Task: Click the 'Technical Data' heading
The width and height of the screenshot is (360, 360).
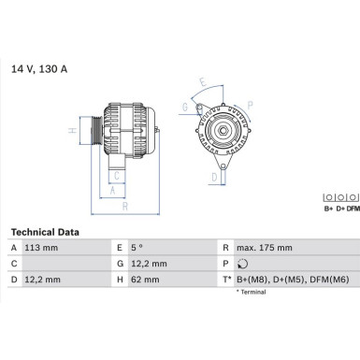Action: coord(45,232)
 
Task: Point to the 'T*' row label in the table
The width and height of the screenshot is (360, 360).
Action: coord(226,280)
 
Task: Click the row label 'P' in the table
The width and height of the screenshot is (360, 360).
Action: coord(225,264)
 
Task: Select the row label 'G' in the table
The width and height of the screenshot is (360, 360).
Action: coord(120,264)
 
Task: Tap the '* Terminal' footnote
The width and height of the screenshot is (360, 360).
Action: coord(252,293)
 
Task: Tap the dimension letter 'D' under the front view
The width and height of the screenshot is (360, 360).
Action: coord(214,176)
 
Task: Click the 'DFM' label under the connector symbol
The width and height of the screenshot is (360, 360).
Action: coord(352,209)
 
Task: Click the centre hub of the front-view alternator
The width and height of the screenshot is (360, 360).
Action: coord(223,130)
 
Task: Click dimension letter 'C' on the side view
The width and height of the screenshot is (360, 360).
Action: coord(116,175)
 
